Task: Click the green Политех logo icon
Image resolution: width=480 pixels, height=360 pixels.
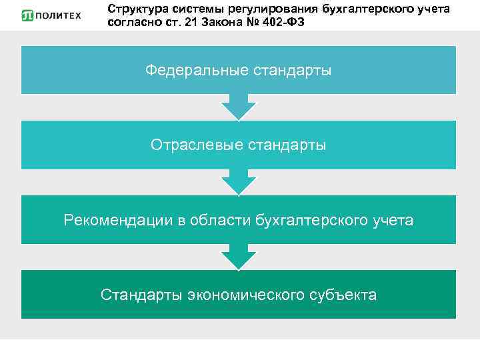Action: [29, 15]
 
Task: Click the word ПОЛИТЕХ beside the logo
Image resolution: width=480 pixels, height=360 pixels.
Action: [59, 15]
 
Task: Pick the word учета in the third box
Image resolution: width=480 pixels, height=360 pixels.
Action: [393, 219]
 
